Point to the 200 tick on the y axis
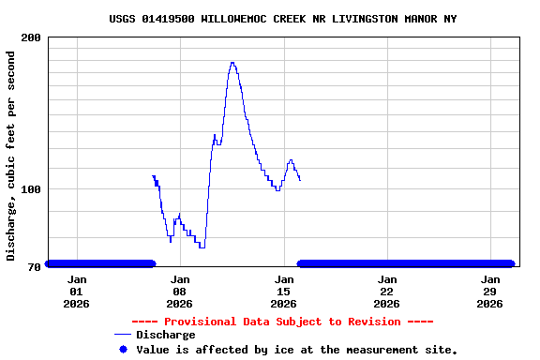[x=31, y=37]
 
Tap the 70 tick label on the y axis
[x=35, y=267]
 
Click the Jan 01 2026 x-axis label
[x=77, y=291]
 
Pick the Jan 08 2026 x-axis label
[x=180, y=291]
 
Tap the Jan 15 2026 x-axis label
[x=283, y=291]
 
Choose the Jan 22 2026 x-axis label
[x=386, y=291]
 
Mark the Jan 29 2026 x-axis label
[x=489, y=291]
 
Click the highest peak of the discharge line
[x=232, y=63]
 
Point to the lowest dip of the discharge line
[x=202, y=247]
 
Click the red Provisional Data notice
[x=282, y=322]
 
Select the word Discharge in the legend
[x=165, y=335]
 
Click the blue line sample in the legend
[x=122, y=335]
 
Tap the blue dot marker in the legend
[x=122, y=349]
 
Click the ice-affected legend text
[x=297, y=350]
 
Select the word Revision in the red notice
[x=382, y=322]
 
